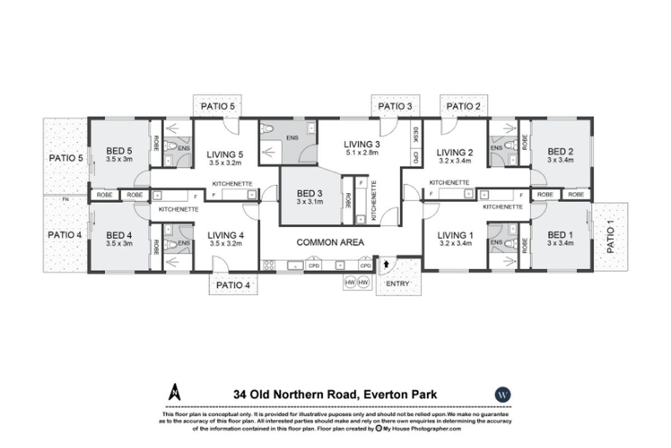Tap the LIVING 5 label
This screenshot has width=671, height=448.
(224, 154)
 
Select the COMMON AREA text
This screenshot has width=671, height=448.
(330, 242)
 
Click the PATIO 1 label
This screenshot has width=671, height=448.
(611, 236)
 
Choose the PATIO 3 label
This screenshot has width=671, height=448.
(395, 106)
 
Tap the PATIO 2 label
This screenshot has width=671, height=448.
(464, 106)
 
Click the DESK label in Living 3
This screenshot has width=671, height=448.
(415, 134)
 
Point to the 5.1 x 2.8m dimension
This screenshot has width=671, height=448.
(361, 153)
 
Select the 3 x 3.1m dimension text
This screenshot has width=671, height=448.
(310, 202)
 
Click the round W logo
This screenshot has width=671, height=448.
(503, 394)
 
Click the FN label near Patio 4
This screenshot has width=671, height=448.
(65, 199)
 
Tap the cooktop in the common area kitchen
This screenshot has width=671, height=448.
(268, 265)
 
